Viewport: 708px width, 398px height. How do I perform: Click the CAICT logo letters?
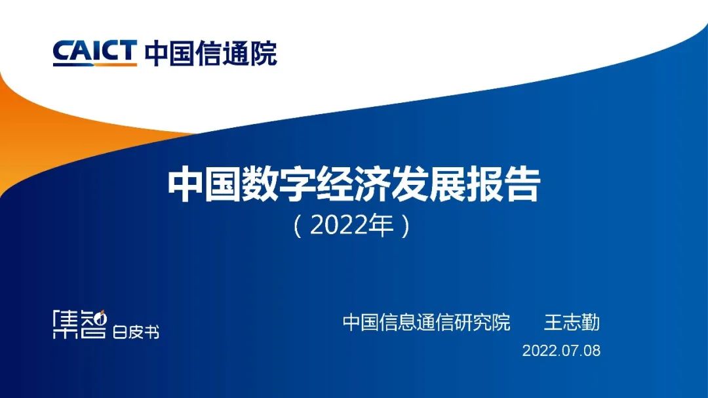[94, 50]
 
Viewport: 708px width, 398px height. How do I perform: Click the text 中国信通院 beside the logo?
[210, 52]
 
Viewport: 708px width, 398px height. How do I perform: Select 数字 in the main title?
[279, 186]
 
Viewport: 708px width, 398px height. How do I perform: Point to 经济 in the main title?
[354, 186]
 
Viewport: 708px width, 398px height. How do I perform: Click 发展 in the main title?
[429, 186]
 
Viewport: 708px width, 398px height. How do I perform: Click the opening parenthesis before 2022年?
[298, 227]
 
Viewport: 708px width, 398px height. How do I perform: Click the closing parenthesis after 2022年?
[406, 227]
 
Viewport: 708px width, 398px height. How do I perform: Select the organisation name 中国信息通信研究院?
[426, 323]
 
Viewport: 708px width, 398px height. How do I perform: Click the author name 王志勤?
[572, 323]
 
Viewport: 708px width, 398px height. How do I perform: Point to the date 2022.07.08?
[561, 350]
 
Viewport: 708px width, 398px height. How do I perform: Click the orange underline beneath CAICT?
[94, 64]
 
